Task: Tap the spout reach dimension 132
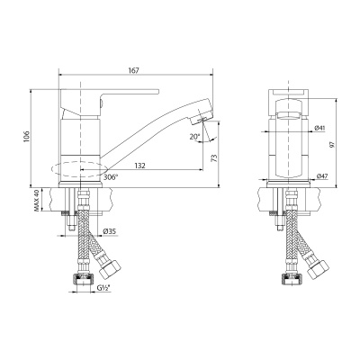click(x=142, y=164)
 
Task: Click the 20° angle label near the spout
click(x=196, y=136)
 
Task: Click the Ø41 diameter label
click(x=321, y=129)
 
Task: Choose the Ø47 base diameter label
click(x=321, y=177)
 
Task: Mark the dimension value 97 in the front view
click(x=335, y=144)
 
